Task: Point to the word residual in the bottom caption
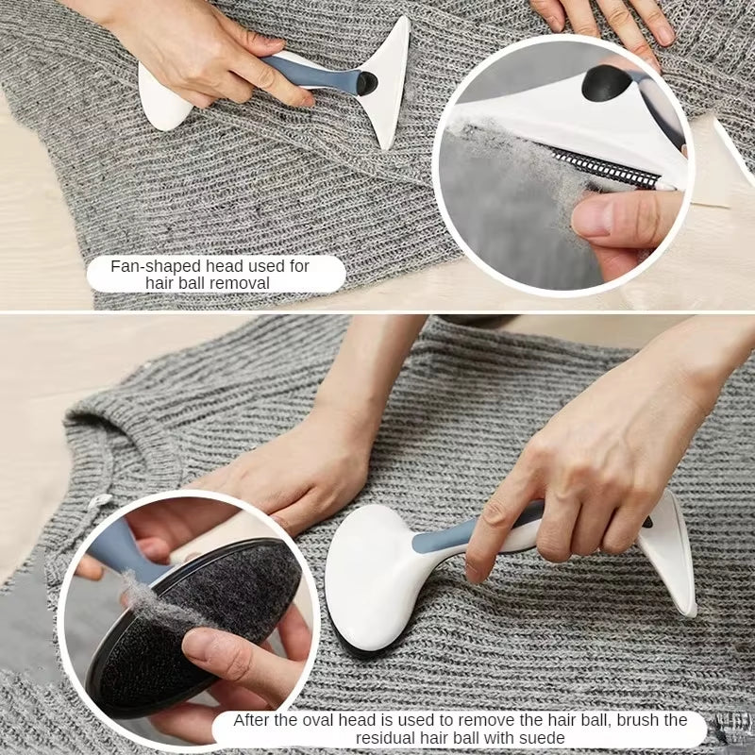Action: click(x=329, y=736)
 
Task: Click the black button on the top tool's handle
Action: click(x=366, y=83)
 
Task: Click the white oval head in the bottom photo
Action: click(x=374, y=576)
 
